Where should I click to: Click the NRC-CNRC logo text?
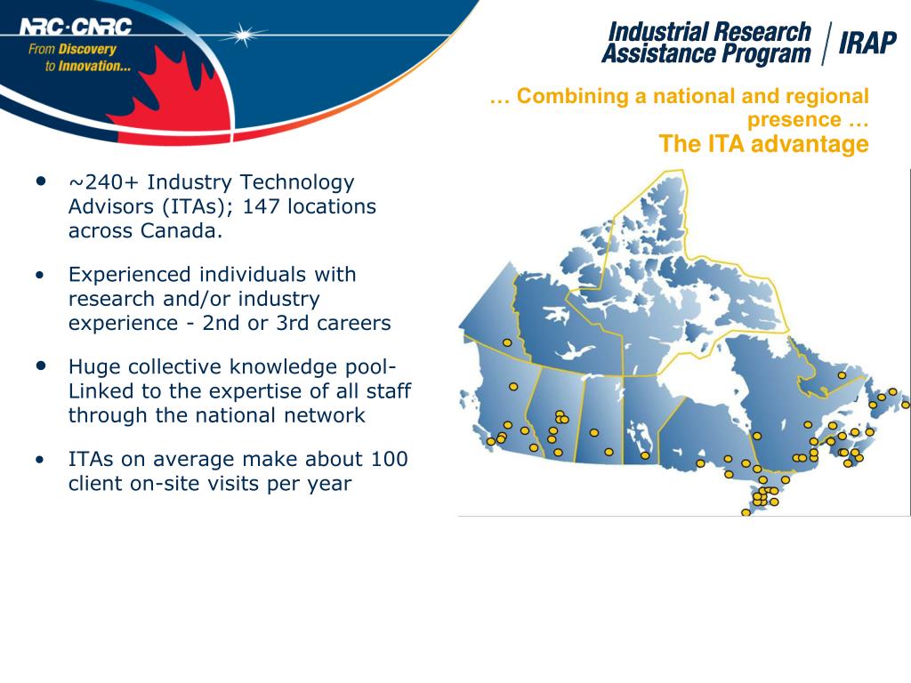[x=76, y=27]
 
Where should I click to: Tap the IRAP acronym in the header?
[x=867, y=42]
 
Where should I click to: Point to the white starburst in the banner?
[x=243, y=36]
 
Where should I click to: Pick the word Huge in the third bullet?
[x=95, y=367]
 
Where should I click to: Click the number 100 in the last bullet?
[x=391, y=460]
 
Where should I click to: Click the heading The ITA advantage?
[x=763, y=145]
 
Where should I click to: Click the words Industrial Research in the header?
[x=709, y=33]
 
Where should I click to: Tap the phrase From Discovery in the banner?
[x=72, y=50]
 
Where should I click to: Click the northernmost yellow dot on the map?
[x=507, y=342]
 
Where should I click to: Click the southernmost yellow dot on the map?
[x=746, y=512]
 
